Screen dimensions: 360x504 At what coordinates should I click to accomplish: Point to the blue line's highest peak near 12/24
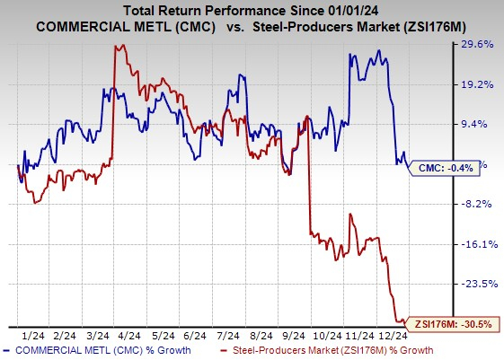point(379,50)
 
